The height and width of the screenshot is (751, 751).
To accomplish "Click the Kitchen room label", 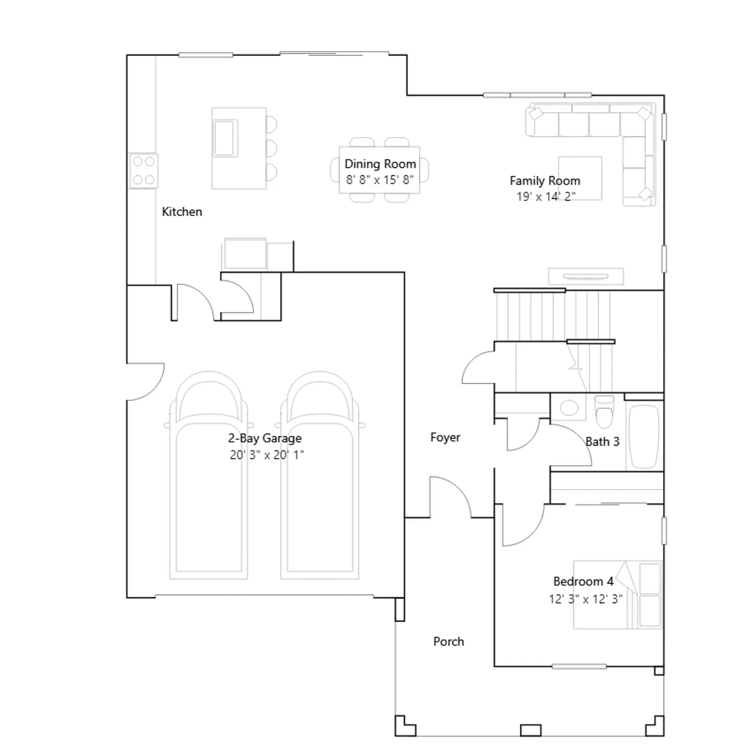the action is click(x=182, y=212).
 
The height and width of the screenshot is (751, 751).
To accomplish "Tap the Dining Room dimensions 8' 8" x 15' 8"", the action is click(x=380, y=180).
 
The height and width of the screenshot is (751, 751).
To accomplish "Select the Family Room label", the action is click(x=545, y=181).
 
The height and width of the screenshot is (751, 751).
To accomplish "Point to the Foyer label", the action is click(x=445, y=437).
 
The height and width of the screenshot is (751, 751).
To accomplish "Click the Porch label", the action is click(x=449, y=642).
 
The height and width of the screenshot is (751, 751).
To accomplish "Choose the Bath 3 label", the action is click(x=603, y=442).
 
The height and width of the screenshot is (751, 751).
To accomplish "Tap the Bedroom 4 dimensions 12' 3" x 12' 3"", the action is click(x=586, y=599).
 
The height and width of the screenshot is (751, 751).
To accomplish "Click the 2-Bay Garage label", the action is click(x=265, y=438).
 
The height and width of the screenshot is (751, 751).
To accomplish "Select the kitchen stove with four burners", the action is click(x=144, y=171).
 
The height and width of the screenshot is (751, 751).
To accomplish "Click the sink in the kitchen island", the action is click(x=225, y=138).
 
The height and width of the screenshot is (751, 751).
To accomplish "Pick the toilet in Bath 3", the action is click(x=604, y=411).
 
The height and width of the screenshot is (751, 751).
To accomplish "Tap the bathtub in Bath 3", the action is click(x=644, y=437).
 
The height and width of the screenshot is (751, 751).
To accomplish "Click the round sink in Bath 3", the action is click(x=569, y=407).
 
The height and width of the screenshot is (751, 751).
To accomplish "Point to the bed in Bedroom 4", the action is click(x=618, y=595).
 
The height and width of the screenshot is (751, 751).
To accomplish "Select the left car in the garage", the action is click(x=208, y=475).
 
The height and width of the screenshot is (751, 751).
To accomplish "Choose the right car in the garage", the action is click(x=320, y=475).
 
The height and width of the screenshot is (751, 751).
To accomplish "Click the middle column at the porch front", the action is click(x=530, y=730).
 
